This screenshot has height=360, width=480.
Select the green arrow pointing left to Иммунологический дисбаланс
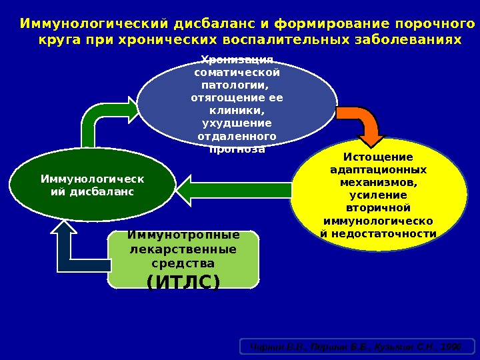click(x=233, y=190)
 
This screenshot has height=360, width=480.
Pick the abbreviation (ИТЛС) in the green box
click(x=183, y=283)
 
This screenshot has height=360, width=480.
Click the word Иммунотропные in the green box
click(x=183, y=235)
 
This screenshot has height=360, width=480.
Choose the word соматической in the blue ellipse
click(x=237, y=72)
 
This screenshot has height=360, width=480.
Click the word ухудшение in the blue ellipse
click(x=237, y=123)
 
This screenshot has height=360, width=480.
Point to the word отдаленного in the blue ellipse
click(x=237, y=136)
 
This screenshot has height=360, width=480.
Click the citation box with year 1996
click(x=356, y=347)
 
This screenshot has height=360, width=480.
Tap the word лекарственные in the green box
click(x=183, y=249)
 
